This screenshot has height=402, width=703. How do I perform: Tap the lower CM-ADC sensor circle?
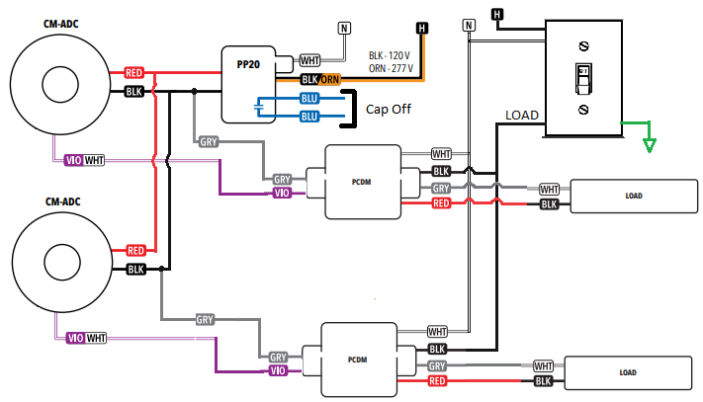coord(55,262)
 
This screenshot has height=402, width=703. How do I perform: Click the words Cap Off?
coord(389,109)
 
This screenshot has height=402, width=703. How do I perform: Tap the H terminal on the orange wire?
coord(422,28)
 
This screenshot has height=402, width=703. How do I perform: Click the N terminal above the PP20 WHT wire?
coord(344,28)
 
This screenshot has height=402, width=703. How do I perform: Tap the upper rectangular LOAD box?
coord(633,196)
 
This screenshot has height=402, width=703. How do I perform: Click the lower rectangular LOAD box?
coord(626,372)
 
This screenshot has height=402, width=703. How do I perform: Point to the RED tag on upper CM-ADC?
coord(135,73)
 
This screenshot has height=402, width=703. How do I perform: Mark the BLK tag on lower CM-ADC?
coord(135,269)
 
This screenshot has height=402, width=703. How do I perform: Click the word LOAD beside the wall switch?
coord(522,116)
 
